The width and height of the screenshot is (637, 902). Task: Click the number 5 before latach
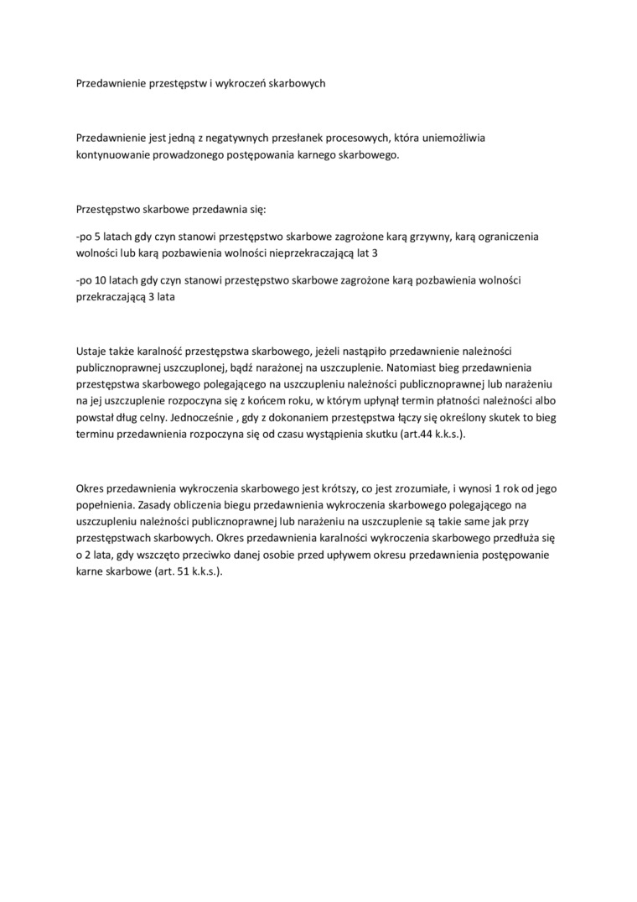point(98,237)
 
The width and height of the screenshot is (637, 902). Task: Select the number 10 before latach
point(101,280)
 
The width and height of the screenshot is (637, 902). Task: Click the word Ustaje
point(91,350)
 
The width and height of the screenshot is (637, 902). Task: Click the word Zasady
point(155,506)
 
